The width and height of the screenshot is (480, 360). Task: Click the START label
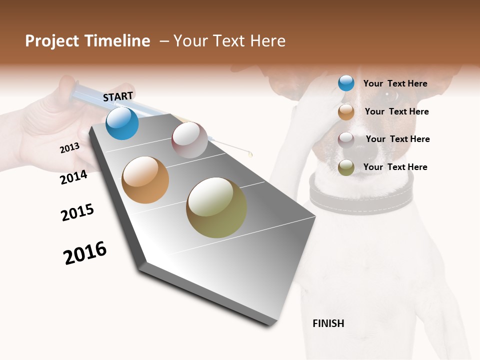pyautogui.click(x=118, y=96)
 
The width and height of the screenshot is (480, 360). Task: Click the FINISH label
pyautogui.click(x=328, y=323)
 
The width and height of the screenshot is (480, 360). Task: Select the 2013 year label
pyautogui.click(x=69, y=148)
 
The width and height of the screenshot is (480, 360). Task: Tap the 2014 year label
pyautogui.click(x=73, y=177)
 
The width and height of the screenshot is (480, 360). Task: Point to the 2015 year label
pyautogui.click(x=77, y=212)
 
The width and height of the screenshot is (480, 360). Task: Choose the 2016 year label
pyautogui.click(x=85, y=252)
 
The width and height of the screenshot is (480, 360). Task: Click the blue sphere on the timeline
pyautogui.click(x=122, y=123)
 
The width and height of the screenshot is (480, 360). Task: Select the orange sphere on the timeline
pyautogui.click(x=145, y=180)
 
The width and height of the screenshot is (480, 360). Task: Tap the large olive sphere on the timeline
pyautogui.click(x=216, y=207)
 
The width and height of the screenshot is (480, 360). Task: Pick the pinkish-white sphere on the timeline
pyautogui.click(x=189, y=140)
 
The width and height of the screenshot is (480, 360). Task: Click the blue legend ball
pyautogui.click(x=346, y=83)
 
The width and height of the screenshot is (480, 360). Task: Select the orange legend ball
pyautogui.click(x=346, y=112)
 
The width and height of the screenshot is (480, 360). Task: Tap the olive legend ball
pyautogui.click(x=346, y=167)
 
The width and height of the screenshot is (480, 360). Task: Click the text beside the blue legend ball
pyautogui.click(x=395, y=83)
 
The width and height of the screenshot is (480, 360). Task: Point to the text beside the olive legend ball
pyautogui.click(x=395, y=167)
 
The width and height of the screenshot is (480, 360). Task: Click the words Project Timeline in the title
pyautogui.click(x=87, y=41)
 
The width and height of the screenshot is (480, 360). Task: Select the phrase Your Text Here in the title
pyautogui.click(x=229, y=41)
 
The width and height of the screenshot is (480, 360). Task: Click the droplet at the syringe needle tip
pyautogui.click(x=251, y=154)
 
